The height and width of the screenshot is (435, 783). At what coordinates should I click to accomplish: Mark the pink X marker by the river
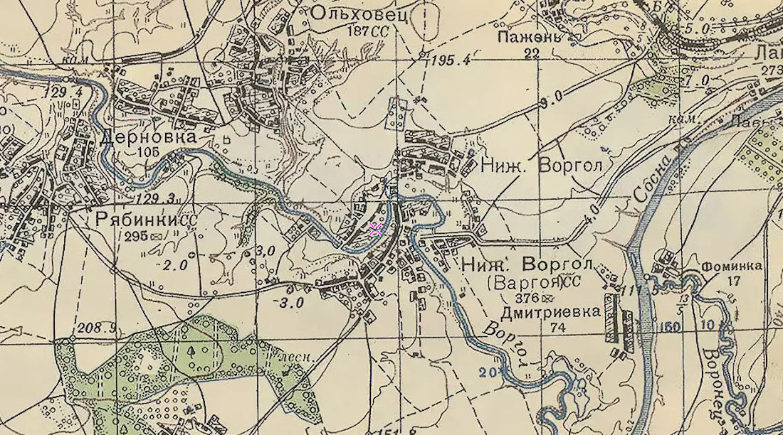[x=376, y=228]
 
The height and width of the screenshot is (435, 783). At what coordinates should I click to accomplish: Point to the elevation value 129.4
[x=64, y=93]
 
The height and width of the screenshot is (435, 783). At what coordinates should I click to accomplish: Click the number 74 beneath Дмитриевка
[x=557, y=327]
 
